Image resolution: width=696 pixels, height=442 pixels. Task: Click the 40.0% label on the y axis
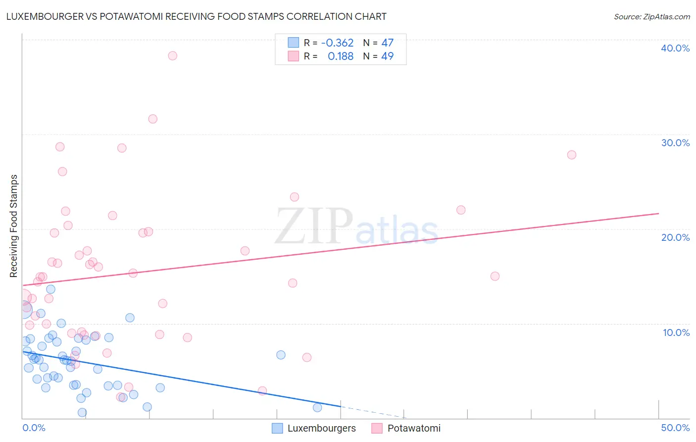675,48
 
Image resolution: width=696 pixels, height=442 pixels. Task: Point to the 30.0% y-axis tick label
675,143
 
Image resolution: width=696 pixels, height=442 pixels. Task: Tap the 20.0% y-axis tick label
675,237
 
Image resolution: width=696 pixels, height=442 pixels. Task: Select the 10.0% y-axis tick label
676,332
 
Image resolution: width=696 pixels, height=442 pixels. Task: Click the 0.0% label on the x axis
34,428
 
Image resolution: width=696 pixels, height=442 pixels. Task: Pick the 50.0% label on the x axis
675,428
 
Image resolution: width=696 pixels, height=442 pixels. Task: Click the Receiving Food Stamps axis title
13,226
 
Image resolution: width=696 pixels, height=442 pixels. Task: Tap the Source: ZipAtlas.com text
651,16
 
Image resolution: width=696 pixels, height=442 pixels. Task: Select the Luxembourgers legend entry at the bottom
321,428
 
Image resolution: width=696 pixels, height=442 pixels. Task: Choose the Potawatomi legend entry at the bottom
414,428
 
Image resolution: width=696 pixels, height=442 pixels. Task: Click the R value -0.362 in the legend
337,43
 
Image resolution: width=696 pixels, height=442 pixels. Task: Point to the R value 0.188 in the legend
341,56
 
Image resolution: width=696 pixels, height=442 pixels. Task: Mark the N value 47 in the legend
387,43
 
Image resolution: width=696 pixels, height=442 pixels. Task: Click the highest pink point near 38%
172,55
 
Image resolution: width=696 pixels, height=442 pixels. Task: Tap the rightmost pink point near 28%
571,155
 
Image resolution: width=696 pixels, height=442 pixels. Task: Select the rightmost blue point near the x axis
317,407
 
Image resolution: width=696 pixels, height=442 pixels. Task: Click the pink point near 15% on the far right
495,276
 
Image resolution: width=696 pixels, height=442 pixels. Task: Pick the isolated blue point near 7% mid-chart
281,355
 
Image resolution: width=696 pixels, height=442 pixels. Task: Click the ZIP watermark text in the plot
314,226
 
